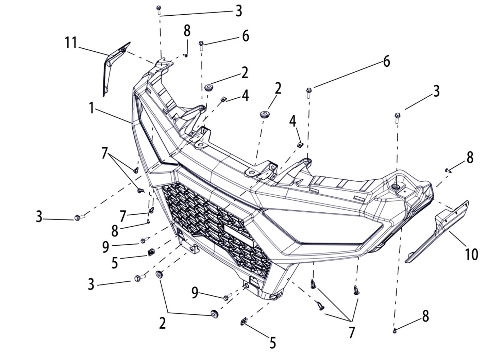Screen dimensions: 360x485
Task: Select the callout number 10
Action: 471,254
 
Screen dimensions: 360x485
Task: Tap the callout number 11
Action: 71,43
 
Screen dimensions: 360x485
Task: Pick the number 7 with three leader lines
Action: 352,332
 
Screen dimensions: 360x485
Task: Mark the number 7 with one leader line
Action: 123,216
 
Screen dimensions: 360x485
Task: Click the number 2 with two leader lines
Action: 163,323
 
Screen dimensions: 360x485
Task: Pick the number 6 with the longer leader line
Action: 386,62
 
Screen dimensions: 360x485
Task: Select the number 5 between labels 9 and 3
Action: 115,263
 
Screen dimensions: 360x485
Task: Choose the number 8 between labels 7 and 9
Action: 115,231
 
